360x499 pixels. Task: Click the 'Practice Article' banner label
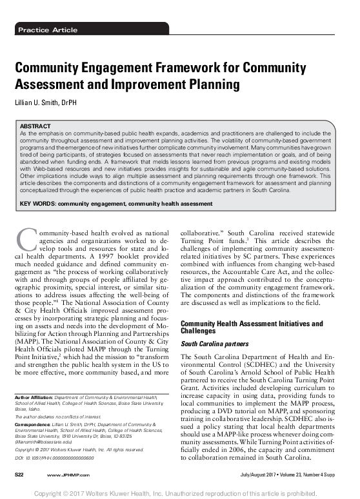[x=48, y=30]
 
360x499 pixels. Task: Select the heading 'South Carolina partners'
[x=214, y=345]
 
